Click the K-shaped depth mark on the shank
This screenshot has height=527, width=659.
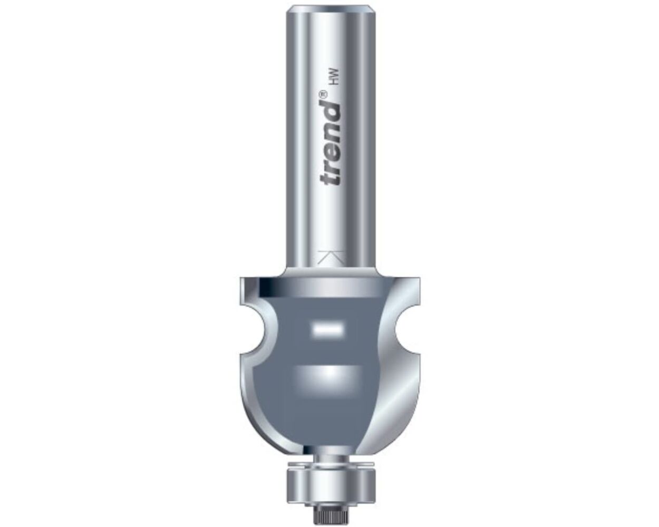(x=330, y=259)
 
